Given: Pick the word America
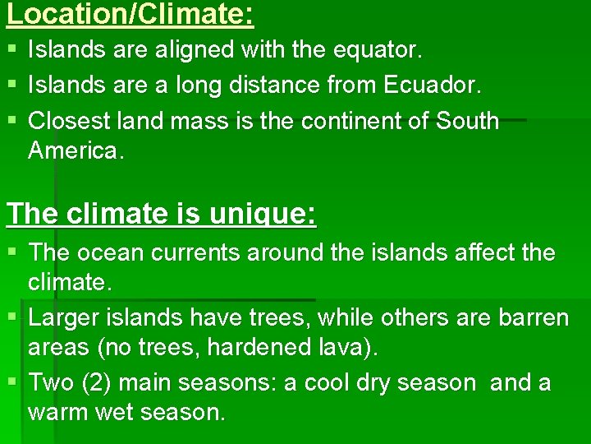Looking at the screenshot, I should [x=75, y=151].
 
